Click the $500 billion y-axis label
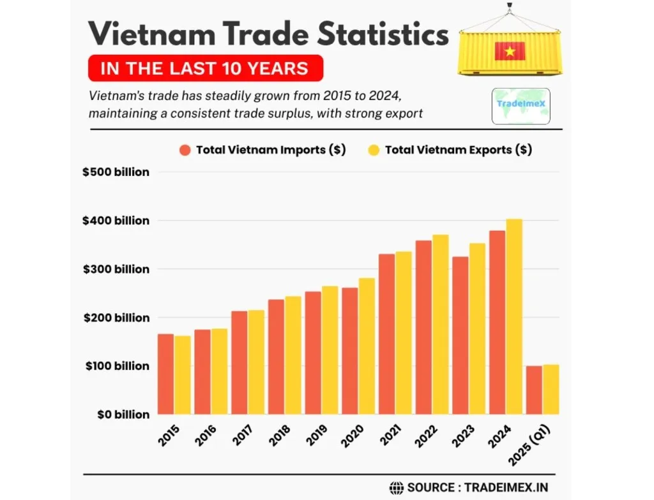pyautogui.click(x=116, y=172)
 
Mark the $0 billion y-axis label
pyautogui.click(x=124, y=415)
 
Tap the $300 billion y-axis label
pyautogui.click(x=116, y=269)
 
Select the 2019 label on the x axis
pyautogui.click(x=317, y=435)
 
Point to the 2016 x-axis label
pyautogui.click(x=207, y=435)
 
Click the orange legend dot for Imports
pyautogui.click(x=185, y=151)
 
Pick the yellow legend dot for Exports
pyautogui.click(x=374, y=151)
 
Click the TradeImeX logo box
pyautogui.click(x=521, y=106)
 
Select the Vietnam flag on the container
pyautogui.click(x=510, y=51)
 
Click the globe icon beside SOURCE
pyautogui.click(x=396, y=487)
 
